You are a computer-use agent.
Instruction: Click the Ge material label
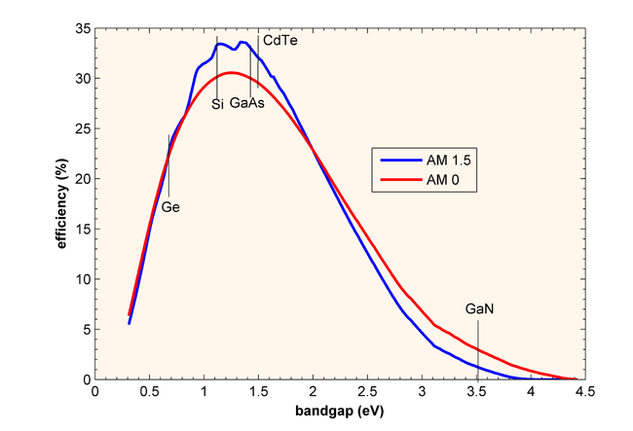pyautogui.click(x=170, y=207)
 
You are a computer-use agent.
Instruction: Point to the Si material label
pyautogui.click(x=218, y=103)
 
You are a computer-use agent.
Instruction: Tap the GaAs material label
pyautogui.click(x=247, y=103)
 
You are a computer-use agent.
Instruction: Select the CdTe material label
pyautogui.click(x=279, y=42)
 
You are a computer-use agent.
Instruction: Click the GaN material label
pyautogui.click(x=480, y=308)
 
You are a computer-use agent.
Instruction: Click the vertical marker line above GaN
pyautogui.click(x=478, y=345)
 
